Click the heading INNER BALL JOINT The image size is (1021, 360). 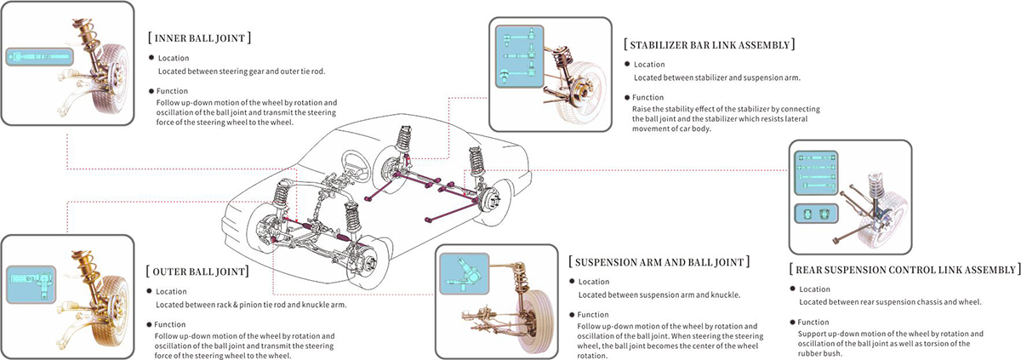199,38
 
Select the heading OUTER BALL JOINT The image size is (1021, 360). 197,271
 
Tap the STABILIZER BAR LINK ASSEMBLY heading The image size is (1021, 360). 710,44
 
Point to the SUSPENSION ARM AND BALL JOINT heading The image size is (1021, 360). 659,261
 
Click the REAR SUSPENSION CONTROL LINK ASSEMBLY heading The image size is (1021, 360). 904,269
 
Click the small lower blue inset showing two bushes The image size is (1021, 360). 813,214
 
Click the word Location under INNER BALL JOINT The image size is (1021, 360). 174,58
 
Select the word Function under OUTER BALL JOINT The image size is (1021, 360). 170,323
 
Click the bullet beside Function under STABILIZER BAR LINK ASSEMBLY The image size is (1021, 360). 626,97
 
